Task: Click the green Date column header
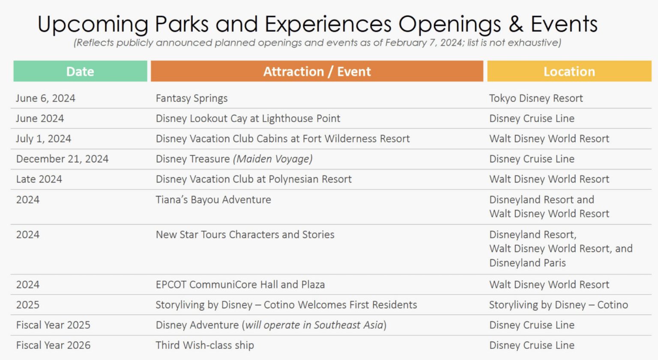point(80,71)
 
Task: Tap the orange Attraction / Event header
point(317,71)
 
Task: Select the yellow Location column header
point(569,71)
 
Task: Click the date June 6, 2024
point(45,98)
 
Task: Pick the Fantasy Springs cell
point(191,99)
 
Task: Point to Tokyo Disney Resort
point(536,99)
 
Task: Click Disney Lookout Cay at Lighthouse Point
point(248,119)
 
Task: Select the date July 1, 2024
point(43,139)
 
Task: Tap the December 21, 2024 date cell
point(62,159)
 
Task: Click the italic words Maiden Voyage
point(273,159)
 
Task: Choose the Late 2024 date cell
point(39,179)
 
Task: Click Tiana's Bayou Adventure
point(213,200)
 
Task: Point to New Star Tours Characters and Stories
point(245,235)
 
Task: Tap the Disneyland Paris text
point(528,263)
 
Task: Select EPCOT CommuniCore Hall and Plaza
point(240,285)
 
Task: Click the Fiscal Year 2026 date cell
point(53,345)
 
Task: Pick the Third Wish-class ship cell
point(205,345)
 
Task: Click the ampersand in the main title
point(516,24)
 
